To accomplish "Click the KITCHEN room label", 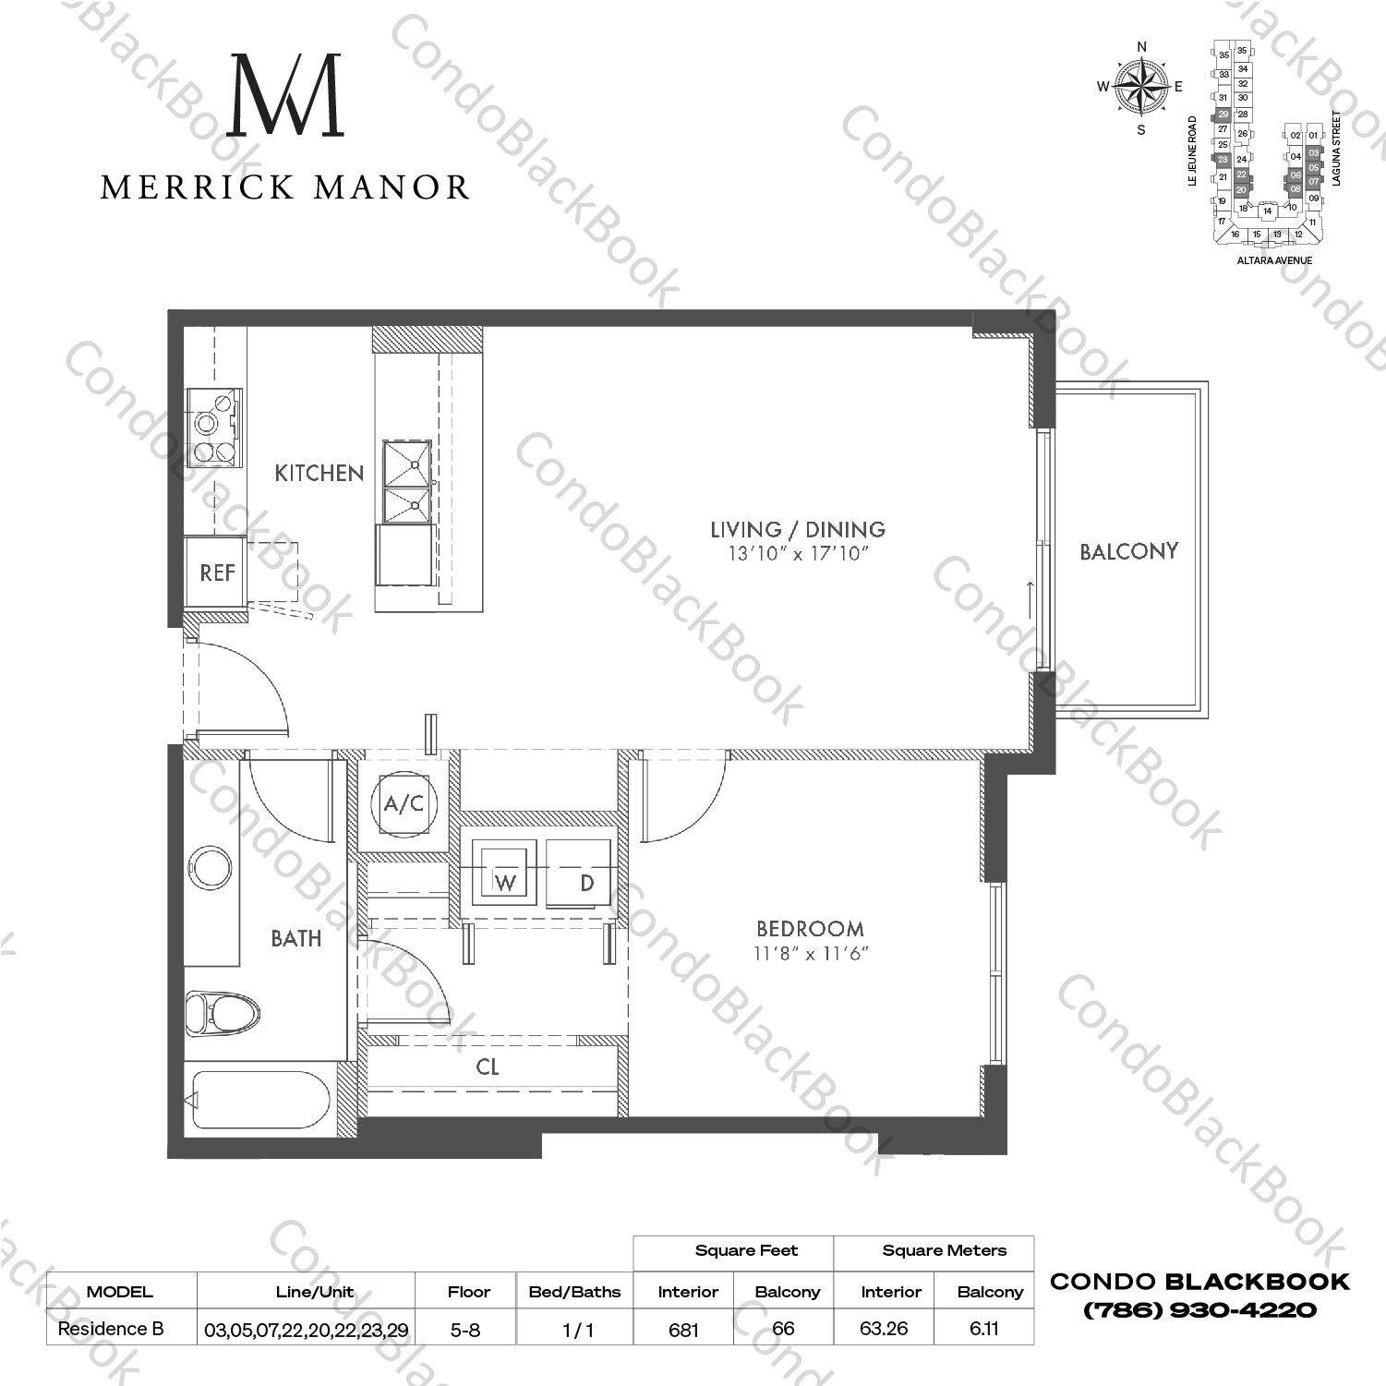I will [x=319, y=474].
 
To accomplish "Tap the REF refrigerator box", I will [x=216, y=572].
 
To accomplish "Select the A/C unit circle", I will [x=404, y=803].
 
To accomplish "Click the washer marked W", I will [x=504, y=873].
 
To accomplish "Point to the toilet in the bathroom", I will [x=220, y=1013].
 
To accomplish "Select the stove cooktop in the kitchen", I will [x=214, y=427].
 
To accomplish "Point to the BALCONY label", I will [x=1128, y=552].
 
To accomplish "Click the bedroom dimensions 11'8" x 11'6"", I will [x=811, y=954].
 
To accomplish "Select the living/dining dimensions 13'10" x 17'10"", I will [x=799, y=554].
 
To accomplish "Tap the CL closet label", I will [x=488, y=1067].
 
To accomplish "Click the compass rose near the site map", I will [x=1141, y=88].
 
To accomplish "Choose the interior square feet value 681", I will [x=683, y=1330].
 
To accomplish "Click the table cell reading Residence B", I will [x=111, y=1329].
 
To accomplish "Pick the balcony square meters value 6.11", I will [x=983, y=1330].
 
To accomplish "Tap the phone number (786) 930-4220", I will [x=1199, y=1310].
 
